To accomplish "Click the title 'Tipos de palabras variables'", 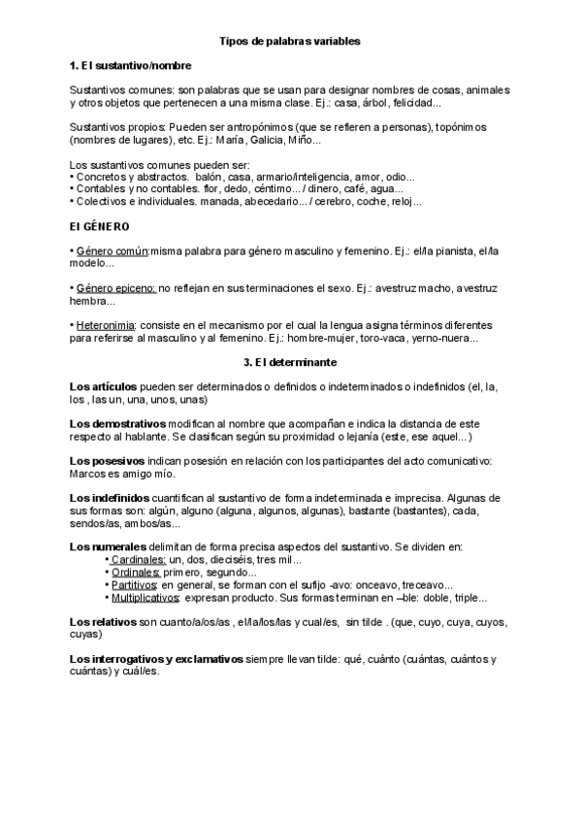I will pyautogui.click(x=291, y=43).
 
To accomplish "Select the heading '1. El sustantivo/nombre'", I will pyautogui.click(x=130, y=66).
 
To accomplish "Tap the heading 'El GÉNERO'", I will pyautogui.click(x=100, y=226).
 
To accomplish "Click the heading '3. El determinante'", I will pyautogui.click(x=291, y=362).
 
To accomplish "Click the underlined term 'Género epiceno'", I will pyautogui.click(x=114, y=288).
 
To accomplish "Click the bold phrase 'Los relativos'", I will pyautogui.click(x=104, y=621).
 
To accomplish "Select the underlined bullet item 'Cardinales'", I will pyautogui.click(x=138, y=560).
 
